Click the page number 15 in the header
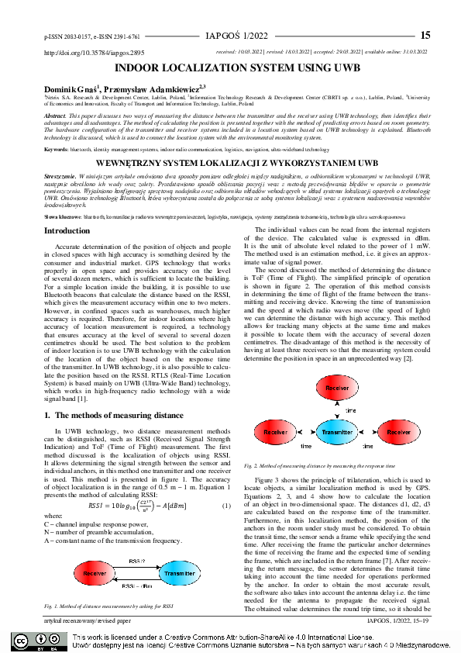coord(425,35)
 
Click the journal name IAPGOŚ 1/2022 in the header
coord(240,36)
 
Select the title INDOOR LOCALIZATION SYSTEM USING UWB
coord(230,68)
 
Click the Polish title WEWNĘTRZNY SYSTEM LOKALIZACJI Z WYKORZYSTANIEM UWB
coord(230,164)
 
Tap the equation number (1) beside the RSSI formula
coord(227,505)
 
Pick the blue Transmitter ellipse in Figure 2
coord(336,432)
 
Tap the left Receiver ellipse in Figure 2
coord(275,431)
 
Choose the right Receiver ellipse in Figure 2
coord(398,431)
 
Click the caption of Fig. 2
coord(307,465)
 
